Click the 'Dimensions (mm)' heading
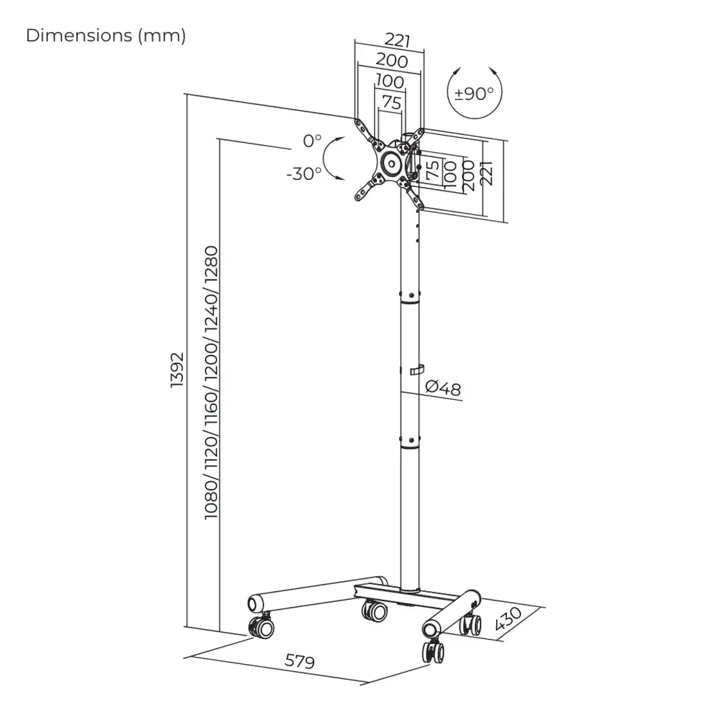pos(106,35)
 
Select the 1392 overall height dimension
pos(177,370)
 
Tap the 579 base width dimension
pos(300,661)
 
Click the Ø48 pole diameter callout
pos(443,388)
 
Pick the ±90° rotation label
pos(474,93)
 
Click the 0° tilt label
pos(312,141)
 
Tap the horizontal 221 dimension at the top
pos(397,41)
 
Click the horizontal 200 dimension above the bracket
pos(392,60)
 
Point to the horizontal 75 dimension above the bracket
pos(392,103)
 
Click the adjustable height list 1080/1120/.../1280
pos(211,382)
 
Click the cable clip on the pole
pos(416,370)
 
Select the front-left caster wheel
pos(262,627)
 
